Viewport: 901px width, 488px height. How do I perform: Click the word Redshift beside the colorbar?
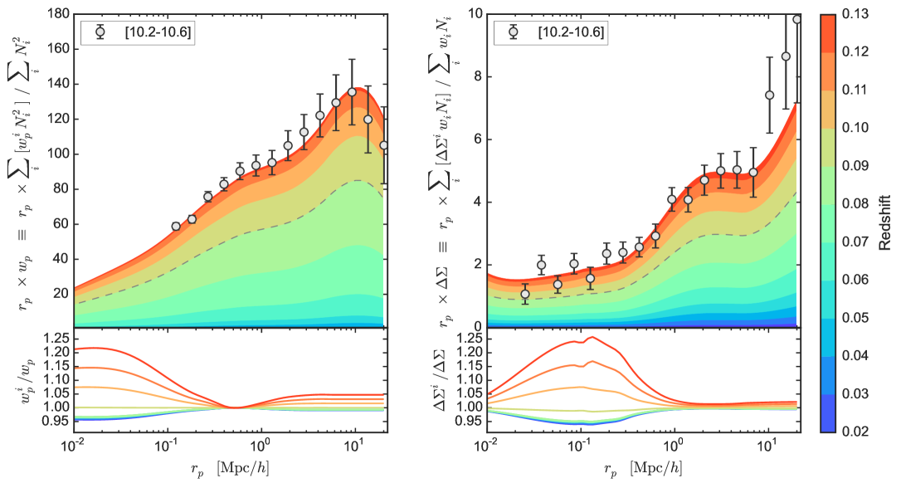tap(886, 223)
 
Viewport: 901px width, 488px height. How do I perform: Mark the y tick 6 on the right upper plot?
tap(477, 139)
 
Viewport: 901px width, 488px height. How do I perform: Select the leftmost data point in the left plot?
tap(176, 226)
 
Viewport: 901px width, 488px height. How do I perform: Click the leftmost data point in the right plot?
tap(524, 295)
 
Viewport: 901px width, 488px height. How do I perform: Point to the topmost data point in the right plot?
tap(797, 19)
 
